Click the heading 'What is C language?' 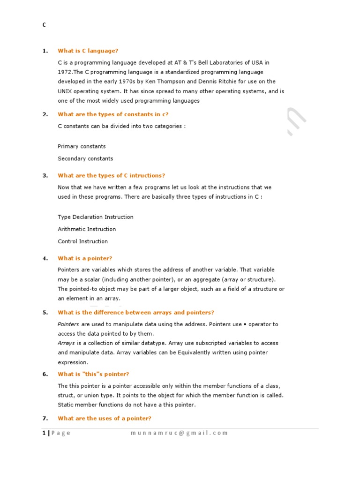coord(88,51)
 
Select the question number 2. coord(45,114)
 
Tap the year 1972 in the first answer coord(65,72)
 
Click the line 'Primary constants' coord(82,146)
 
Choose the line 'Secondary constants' coord(85,158)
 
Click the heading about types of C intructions coord(111,175)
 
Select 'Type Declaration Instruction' coord(95,217)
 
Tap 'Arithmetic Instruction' coord(87,229)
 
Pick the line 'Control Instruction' coord(82,241)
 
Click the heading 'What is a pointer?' coord(85,258)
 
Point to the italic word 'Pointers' coord(68,324)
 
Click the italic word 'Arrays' coord(66,343)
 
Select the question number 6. coord(45,374)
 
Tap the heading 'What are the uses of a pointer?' coord(104,418)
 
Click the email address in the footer coord(179,433)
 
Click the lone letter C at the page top coord(44,25)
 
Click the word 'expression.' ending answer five coord(73,362)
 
